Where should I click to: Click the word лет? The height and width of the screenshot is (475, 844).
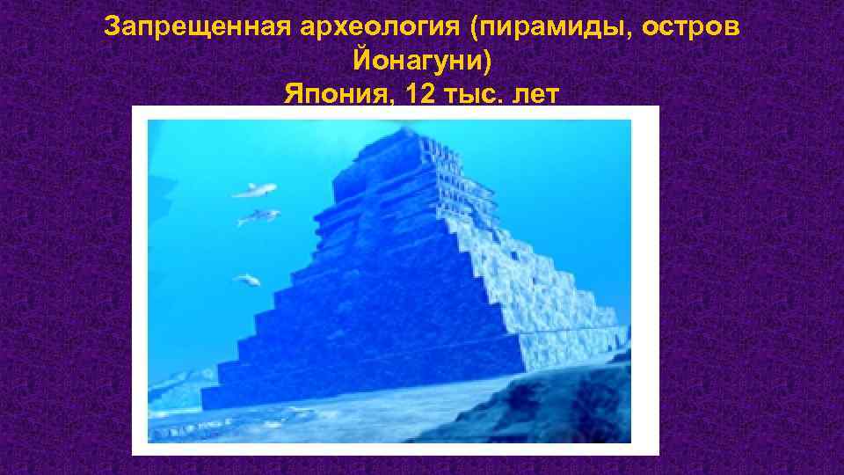(535, 94)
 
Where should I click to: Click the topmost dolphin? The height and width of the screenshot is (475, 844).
(255, 189)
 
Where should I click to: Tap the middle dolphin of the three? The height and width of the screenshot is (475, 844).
(259, 216)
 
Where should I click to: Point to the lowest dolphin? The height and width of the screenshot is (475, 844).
(247, 281)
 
